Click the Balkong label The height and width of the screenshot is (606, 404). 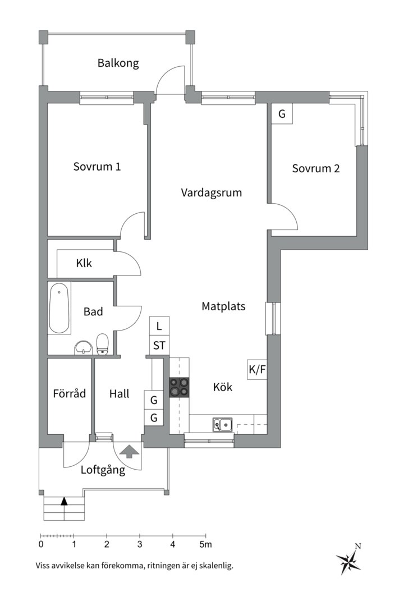[118, 63]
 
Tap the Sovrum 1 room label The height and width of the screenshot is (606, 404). [97, 167]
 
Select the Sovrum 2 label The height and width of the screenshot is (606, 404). [315, 168]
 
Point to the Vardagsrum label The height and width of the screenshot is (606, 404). [211, 192]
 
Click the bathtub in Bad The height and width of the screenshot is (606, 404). [59, 309]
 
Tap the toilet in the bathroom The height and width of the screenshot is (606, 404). [102, 344]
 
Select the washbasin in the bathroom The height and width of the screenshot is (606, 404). [83, 347]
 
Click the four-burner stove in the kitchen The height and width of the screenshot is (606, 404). [180, 387]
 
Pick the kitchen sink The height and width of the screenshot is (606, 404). [222, 425]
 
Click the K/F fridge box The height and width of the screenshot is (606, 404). [257, 369]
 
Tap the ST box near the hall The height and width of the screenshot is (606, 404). [159, 345]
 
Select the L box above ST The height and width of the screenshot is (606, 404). [159, 326]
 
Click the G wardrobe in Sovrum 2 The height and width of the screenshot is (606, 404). [282, 114]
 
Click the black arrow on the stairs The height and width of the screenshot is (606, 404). [64, 501]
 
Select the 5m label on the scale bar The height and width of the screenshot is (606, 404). [206, 544]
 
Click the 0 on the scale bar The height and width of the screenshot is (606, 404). [41, 544]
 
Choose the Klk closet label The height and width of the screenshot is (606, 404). [84, 263]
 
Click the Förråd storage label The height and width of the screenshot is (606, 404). [69, 393]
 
